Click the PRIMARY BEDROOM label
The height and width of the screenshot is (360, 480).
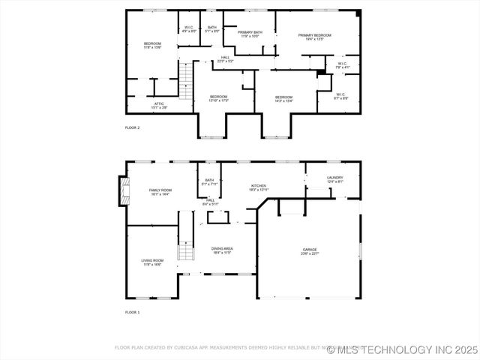point(314,35)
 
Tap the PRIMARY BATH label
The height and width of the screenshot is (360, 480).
point(250,32)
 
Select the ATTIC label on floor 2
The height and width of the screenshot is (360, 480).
point(159,103)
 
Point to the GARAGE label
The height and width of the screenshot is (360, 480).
point(310,249)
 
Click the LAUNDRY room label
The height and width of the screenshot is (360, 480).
point(334,178)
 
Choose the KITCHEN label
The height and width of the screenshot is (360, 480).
point(259,185)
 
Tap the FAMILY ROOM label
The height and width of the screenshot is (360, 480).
point(160,190)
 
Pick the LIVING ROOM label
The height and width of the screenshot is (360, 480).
point(152,260)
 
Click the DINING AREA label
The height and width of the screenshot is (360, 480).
point(223,248)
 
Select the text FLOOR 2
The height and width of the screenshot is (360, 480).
point(132,128)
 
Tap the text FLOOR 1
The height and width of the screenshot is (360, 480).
point(132,312)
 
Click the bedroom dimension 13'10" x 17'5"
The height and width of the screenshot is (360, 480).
point(218,100)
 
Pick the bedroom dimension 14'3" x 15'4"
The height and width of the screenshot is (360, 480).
point(283,100)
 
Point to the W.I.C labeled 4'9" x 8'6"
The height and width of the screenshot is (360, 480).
point(189,31)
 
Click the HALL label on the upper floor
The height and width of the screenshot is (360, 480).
point(225,58)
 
